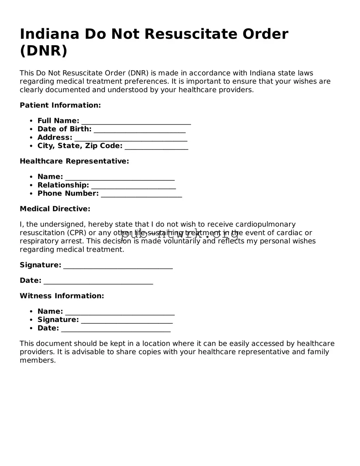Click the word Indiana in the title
[50, 34]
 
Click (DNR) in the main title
[44, 51]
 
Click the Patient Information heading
[60, 105]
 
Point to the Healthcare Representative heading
[74, 161]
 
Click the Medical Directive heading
[55, 209]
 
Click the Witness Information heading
[62, 296]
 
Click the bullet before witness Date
[31, 328]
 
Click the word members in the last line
[38, 360]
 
